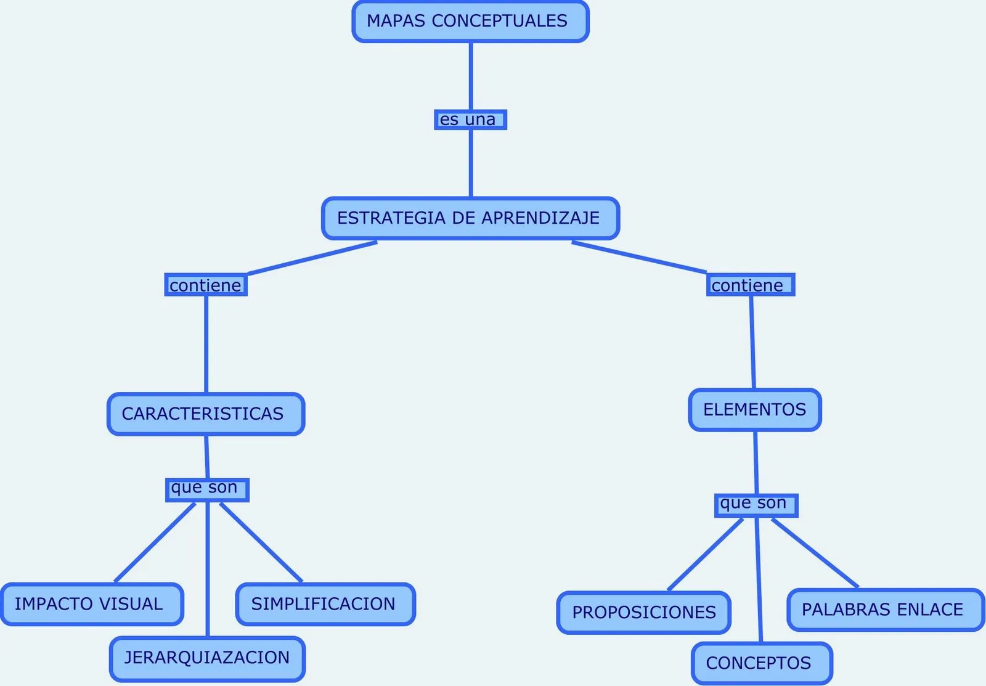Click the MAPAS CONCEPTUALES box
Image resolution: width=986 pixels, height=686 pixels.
[x=470, y=22]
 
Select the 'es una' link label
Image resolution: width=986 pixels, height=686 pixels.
[x=470, y=120]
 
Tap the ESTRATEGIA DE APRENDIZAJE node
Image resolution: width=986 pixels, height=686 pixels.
[x=470, y=218]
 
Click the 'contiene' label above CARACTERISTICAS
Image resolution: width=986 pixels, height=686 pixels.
[x=206, y=285]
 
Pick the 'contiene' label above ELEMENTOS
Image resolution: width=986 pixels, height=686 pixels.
[x=750, y=285]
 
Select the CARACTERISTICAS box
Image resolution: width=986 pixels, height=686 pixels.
[x=206, y=414]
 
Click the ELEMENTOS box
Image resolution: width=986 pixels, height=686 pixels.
[x=755, y=410]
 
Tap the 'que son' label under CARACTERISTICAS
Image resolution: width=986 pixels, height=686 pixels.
[x=207, y=489]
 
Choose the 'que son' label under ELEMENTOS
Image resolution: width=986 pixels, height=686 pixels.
[x=756, y=505]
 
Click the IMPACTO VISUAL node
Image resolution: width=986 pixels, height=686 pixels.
[x=92, y=604]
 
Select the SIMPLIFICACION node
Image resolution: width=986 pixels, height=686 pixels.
[x=325, y=604]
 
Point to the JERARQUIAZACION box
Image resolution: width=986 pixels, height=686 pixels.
[x=207, y=658]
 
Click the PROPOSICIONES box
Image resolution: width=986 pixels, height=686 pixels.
[x=644, y=613]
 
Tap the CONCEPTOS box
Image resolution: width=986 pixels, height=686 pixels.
[x=762, y=663]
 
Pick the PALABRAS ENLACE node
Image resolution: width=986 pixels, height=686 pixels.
[x=885, y=610]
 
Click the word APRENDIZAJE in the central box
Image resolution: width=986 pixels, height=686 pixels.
[x=540, y=218]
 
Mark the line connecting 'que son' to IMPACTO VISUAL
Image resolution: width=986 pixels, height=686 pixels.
[x=155, y=542]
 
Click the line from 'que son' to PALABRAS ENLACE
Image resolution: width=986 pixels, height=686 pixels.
[x=815, y=553]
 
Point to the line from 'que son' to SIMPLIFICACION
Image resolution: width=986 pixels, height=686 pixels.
[x=261, y=542]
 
